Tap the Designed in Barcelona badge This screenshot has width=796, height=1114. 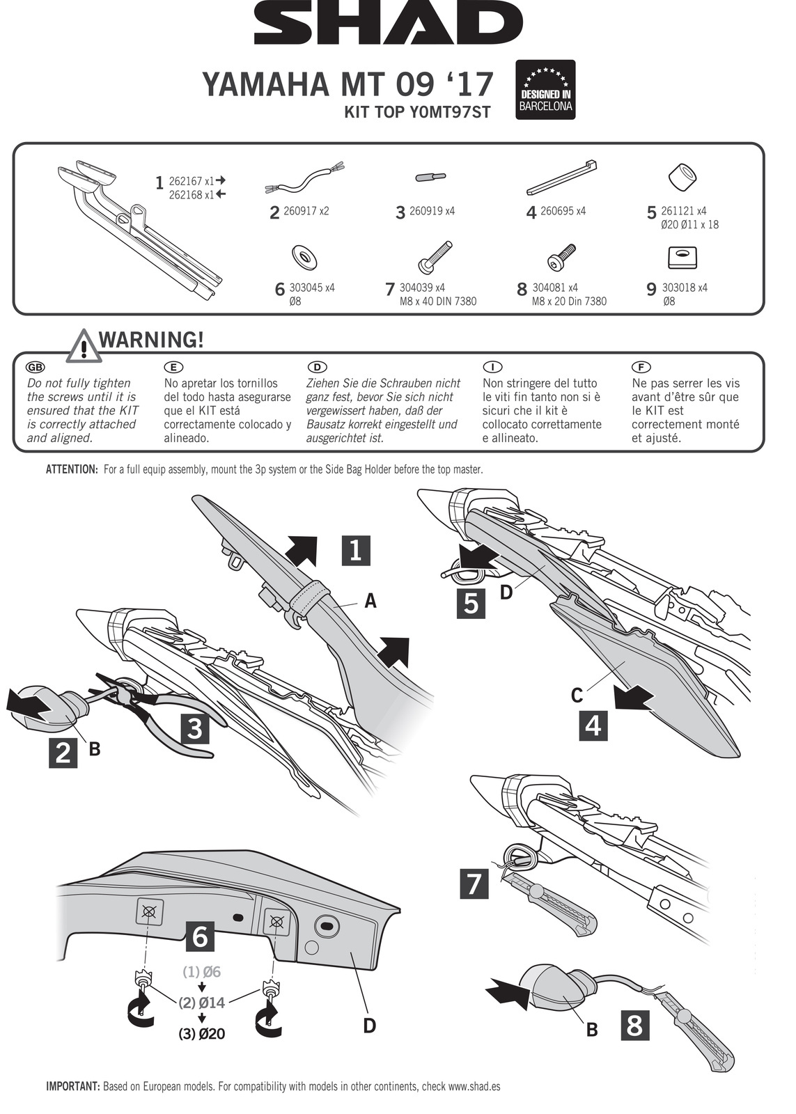point(545,90)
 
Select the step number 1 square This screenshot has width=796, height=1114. point(355,550)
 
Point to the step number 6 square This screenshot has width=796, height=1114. point(199,936)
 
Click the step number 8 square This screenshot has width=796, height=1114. point(634,1026)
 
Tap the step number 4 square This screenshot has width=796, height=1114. point(593,725)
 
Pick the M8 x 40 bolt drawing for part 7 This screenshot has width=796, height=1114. point(436,256)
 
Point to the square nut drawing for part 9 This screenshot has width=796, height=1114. point(682,258)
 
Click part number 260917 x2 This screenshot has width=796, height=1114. point(306,211)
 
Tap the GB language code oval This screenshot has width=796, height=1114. point(35,367)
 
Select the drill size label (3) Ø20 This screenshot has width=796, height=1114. point(202,1034)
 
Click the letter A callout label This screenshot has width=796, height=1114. point(370,600)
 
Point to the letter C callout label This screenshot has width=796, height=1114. point(577,695)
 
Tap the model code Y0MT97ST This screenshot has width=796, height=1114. point(417,112)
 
